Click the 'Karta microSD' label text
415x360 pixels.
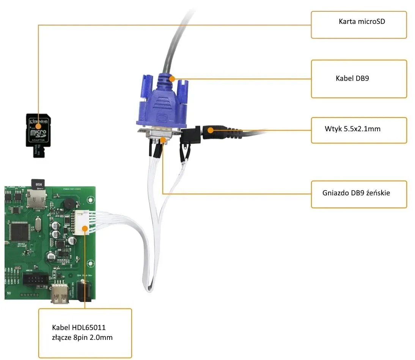362,22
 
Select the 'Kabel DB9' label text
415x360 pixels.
352,79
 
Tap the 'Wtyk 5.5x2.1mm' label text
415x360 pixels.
352,129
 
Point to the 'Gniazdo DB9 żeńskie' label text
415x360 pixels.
356,193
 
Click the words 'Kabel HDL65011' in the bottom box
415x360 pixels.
79,327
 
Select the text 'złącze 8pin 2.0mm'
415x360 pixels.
82,337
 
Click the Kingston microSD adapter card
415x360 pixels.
38,131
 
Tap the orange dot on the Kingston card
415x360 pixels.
38,126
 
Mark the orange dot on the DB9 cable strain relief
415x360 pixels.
172,79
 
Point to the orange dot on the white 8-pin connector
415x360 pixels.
85,228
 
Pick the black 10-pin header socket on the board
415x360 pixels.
35,280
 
